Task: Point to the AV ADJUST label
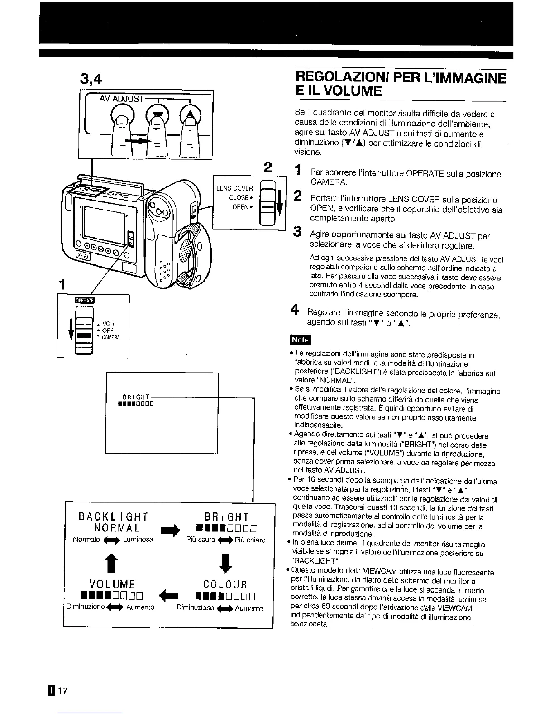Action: [x=121, y=99]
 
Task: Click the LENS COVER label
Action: [x=234, y=188]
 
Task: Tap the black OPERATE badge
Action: [x=84, y=300]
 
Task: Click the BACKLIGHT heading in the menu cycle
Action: [x=113, y=516]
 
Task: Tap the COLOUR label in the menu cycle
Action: [x=225, y=584]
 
